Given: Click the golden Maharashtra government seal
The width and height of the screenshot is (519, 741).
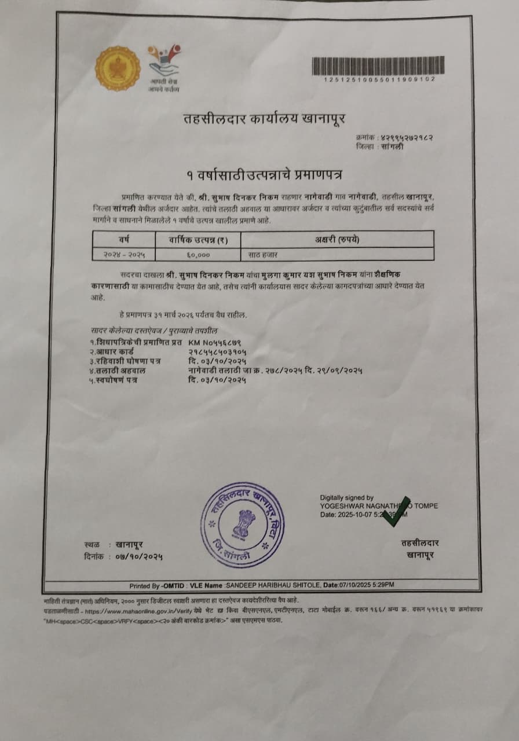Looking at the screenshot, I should [x=118, y=68].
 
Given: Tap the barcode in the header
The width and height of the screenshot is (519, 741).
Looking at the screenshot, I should [x=378, y=65].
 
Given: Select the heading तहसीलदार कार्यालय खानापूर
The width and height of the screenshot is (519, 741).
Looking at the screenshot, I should [x=264, y=120].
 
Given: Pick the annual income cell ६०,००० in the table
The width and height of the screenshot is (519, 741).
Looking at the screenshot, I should [x=198, y=254].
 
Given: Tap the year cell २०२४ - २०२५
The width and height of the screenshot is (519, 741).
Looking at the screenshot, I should [x=124, y=254].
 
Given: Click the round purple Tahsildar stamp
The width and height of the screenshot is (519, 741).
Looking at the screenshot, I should [x=243, y=524].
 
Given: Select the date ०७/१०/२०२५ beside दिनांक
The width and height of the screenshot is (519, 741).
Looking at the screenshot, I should [x=139, y=556].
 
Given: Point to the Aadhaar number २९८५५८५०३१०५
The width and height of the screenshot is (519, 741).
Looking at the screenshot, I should [x=217, y=351].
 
